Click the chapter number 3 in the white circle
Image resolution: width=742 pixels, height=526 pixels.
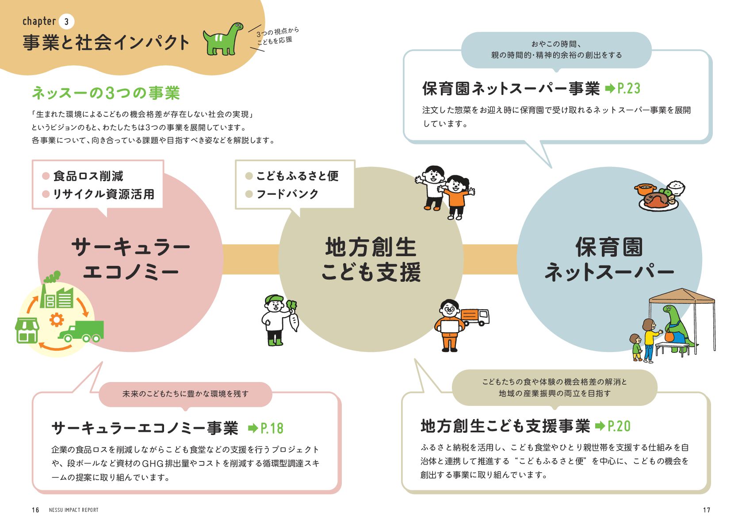click(66, 22)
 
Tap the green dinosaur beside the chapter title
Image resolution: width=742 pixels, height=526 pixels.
click(222, 39)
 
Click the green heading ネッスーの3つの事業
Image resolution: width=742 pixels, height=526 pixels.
click(106, 93)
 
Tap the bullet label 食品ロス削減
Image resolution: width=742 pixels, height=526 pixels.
click(88, 176)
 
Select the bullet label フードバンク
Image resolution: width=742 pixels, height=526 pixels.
click(287, 194)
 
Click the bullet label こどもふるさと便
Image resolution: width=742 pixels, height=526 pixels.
click(297, 176)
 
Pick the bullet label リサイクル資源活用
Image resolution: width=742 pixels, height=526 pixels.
click(103, 194)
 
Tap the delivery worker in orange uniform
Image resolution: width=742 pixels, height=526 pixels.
click(450, 325)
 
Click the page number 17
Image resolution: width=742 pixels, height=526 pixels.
click(706, 510)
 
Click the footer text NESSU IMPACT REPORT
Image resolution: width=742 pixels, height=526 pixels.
click(74, 510)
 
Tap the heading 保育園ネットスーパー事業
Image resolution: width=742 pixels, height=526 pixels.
click(511, 89)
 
